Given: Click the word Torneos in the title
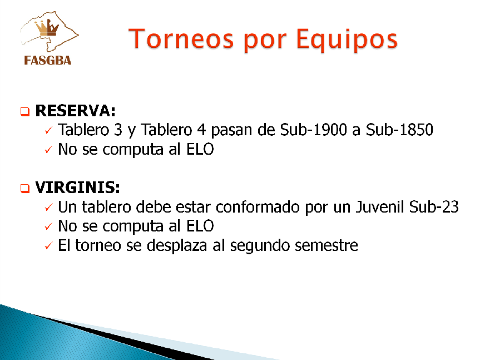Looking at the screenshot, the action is point(181,38).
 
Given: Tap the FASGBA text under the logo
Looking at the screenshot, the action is point(47,60).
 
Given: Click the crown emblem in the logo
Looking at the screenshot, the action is point(47,28).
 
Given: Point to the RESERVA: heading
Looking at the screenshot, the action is point(75,111).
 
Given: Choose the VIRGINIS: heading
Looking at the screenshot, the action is point(77,188).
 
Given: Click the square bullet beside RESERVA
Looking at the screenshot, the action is point(25,111).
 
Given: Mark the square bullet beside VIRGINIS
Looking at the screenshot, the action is point(25,188).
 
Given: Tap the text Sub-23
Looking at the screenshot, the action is point(434,206).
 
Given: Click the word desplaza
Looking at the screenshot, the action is point(177,245).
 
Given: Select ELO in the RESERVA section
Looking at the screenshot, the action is point(200,149).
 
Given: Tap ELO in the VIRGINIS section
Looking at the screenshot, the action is point(200,226).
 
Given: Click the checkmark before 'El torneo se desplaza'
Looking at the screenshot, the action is point(48,246).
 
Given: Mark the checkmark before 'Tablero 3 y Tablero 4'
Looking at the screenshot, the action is point(48,130).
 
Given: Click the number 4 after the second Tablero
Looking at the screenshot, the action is point(201,130).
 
